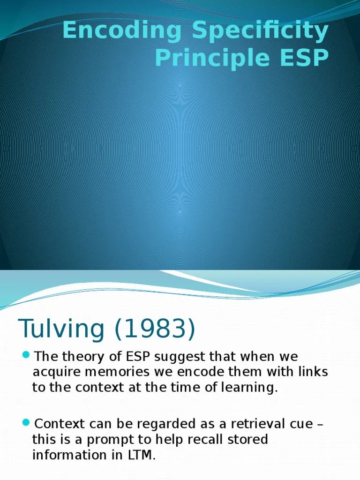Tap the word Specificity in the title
click(257, 31)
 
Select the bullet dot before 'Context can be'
click(26, 423)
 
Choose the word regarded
click(159, 425)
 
